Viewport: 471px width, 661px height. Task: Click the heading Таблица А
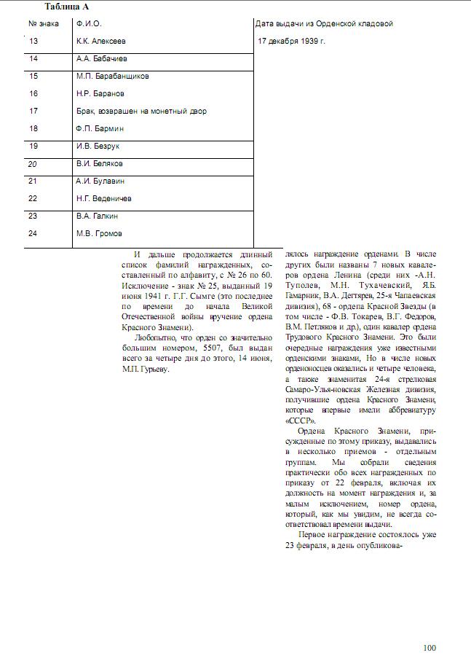[67, 7]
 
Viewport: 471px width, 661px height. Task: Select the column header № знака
[44, 24]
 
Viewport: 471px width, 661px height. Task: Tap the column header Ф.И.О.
[89, 24]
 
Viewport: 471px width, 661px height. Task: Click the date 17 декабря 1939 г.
[291, 41]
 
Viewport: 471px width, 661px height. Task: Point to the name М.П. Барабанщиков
[113, 76]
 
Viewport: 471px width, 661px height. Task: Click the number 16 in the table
[33, 93]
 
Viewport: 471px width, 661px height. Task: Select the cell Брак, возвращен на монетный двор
[141, 112]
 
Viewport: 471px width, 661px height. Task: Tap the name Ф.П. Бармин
[100, 128]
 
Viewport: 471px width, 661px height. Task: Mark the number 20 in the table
[33, 164]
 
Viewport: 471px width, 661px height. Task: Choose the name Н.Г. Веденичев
[104, 198]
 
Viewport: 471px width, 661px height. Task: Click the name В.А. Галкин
[98, 216]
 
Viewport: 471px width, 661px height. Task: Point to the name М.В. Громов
[99, 233]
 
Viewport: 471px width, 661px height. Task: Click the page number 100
[430, 648]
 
